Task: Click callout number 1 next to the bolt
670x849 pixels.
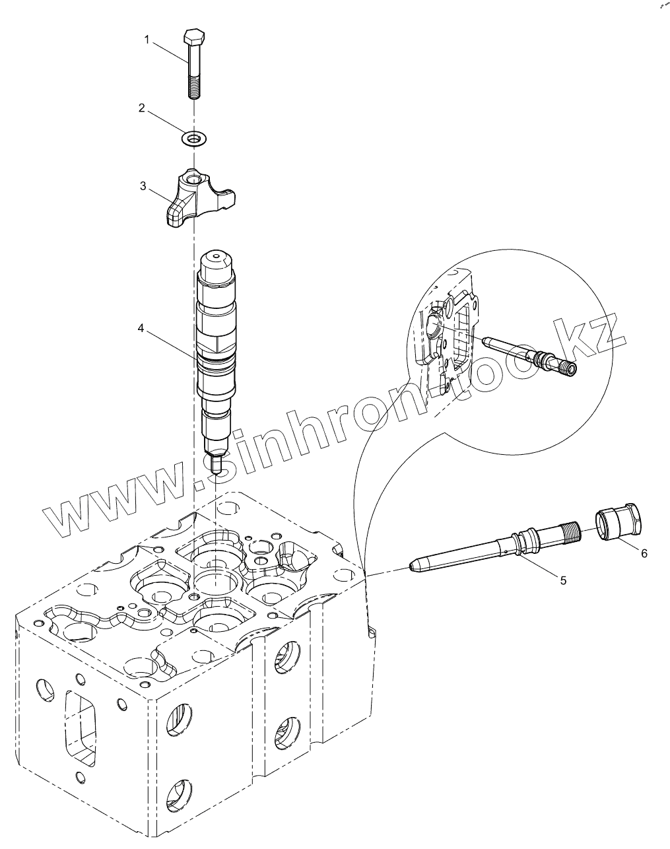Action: coord(148,41)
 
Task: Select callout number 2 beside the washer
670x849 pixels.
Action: coord(141,108)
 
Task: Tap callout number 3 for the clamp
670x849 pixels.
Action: coord(143,186)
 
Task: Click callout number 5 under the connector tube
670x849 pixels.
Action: coord(563,580)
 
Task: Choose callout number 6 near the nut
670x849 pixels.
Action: coord(644,553)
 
